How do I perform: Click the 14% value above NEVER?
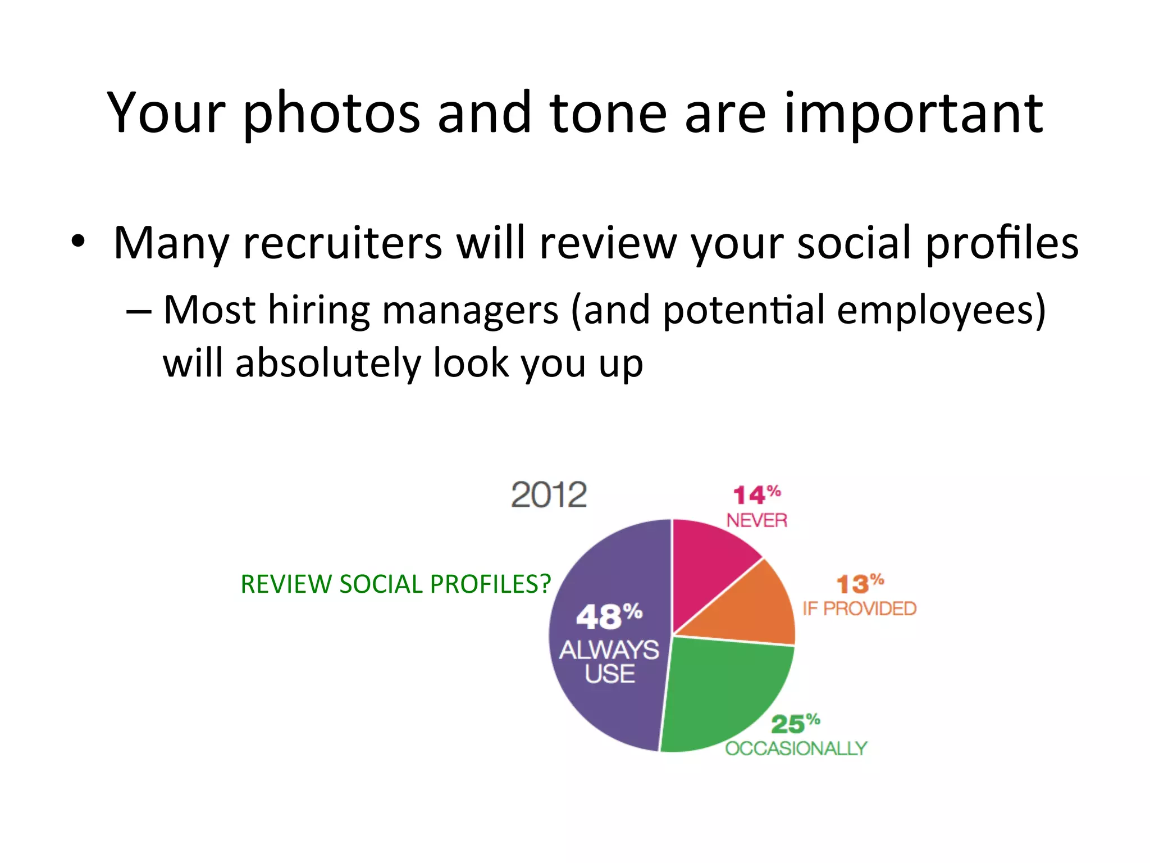[756, 495]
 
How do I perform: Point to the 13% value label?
[859, 584]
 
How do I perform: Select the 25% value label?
[795, 724]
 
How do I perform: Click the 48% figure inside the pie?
[609, 616]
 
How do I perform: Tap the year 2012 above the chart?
[549, 495]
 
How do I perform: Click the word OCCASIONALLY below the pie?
[796, 748]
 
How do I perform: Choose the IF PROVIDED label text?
[859, 608]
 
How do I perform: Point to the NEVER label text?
[756, 520]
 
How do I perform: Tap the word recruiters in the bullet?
[343, 243]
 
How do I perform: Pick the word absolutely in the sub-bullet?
[328, 363]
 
